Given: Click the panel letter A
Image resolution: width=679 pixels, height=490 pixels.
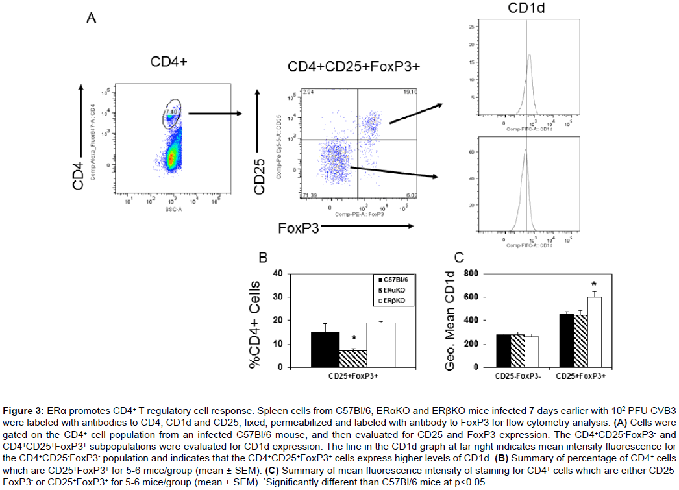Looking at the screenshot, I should coord(92,19).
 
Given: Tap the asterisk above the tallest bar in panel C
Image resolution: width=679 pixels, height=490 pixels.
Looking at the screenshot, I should coord(593,284).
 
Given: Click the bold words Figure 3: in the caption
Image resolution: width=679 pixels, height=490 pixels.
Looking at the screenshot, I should coord(23,411).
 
